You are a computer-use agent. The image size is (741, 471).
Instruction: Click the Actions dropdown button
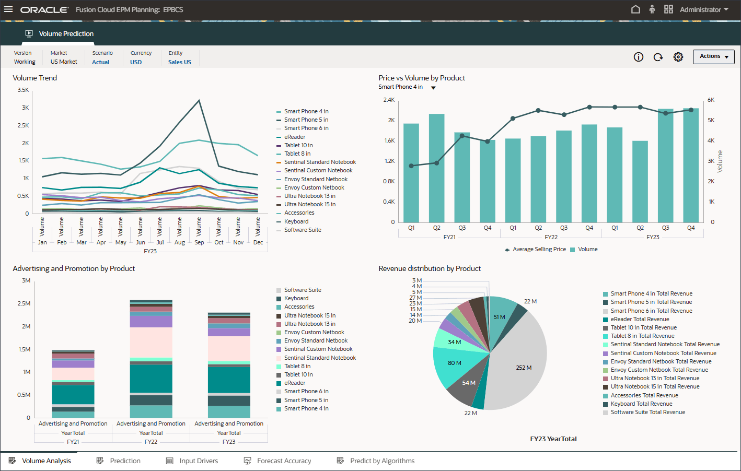[713, 56]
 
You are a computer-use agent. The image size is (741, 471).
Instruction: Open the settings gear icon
[678, 57]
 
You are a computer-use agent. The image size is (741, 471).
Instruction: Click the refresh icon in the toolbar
[658, 57]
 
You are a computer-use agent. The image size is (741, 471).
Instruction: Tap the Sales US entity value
[180, 62]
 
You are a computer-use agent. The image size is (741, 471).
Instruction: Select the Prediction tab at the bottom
[125, 461]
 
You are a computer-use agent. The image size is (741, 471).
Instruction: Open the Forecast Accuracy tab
[284, 461]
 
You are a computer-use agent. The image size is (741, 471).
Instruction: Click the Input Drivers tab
[199, 461]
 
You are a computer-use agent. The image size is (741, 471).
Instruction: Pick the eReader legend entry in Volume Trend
[295, 137]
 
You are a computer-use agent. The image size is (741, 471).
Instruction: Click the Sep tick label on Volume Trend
[199, 242]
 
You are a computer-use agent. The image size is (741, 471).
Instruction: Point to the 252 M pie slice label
[524, 368]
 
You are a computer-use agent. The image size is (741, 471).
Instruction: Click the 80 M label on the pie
[454, 363]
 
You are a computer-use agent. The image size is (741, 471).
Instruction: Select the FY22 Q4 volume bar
[589, 172]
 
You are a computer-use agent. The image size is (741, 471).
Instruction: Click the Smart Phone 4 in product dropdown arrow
[433, 88]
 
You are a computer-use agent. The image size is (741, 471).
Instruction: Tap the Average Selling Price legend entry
[539, 250]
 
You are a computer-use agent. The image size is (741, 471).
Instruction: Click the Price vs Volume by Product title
[422, 78]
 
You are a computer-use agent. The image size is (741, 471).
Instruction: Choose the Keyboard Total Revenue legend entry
[641, 404]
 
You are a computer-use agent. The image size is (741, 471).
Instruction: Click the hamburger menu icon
[8, 9]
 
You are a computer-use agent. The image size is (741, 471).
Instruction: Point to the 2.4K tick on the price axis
[389, 100]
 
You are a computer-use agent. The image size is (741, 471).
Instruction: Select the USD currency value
[136, 62]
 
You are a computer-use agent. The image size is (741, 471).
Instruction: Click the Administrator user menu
[703, 9]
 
